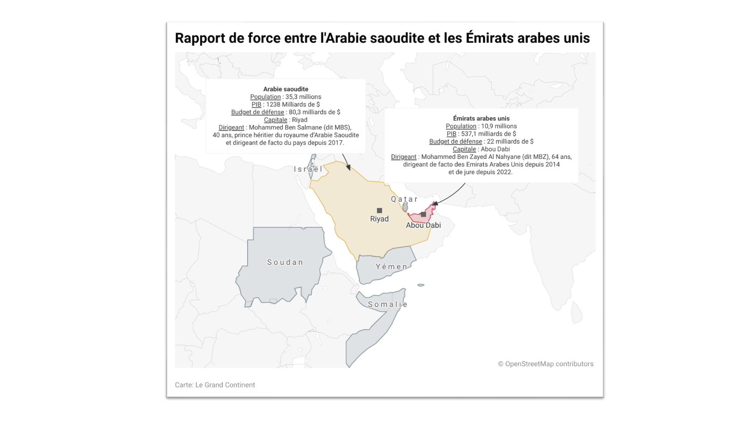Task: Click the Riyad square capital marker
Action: point(379,210)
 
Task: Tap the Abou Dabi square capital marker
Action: point(423,214)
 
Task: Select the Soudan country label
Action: point(285,262)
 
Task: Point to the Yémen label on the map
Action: point(391,266)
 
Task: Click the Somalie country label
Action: point(387,304)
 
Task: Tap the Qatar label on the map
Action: point(404,199)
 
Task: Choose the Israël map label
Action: point(308,169)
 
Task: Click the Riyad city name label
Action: point(379,219)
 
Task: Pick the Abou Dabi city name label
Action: point(423,225)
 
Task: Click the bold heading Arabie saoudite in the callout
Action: point(286,89)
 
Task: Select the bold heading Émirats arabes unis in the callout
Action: point(481,118)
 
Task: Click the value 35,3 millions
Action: point(303,97)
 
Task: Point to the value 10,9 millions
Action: point(499,126)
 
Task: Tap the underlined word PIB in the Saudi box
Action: point(256,104)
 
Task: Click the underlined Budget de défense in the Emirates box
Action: point(455,141)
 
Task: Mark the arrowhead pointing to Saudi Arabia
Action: point(348,168)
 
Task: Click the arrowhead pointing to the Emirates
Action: point(435,204)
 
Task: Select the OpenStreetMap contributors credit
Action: point(545,364)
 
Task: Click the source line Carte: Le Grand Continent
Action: point(215,385)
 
